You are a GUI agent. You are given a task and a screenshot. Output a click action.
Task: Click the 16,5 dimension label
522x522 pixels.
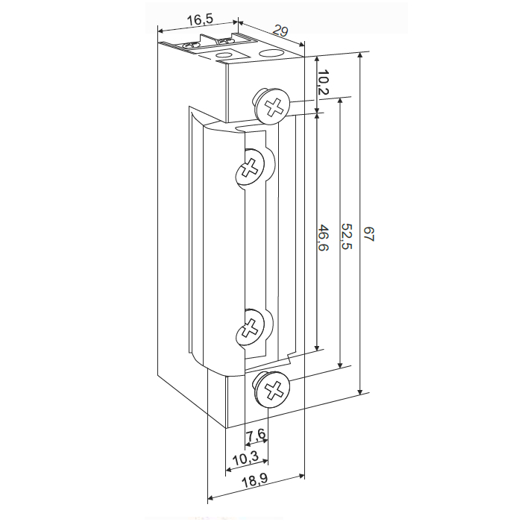tap(199, 20)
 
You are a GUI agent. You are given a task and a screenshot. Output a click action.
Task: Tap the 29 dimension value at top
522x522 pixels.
tap(280, 31)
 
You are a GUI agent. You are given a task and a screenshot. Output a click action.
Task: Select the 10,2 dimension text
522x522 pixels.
tap(323, 82)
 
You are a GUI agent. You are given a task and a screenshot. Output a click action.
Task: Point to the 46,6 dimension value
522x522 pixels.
tap(323, 237)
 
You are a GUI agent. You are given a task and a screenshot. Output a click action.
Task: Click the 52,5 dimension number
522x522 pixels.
tap(347, 236)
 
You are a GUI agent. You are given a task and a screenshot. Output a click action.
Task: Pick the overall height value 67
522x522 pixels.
tap(368, 234)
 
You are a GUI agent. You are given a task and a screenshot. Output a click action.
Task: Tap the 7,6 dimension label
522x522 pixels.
tap(256, 435)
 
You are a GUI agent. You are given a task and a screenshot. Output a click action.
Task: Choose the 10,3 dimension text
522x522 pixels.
tap(245, 459)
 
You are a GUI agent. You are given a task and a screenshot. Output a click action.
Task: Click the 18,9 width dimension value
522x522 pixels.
tap(254, 482)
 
